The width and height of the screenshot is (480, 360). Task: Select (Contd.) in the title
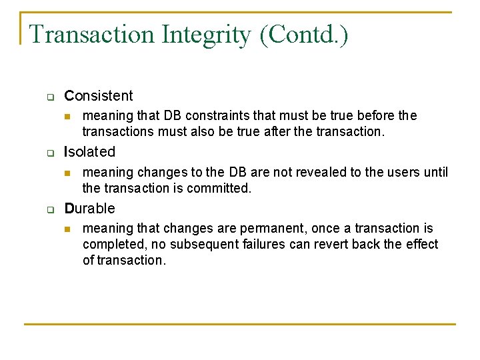pos(304,34)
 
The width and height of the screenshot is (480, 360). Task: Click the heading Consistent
pos(99,95)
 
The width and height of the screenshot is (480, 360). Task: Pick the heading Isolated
pos(89,152)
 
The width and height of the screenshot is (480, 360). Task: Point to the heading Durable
pos(89,208)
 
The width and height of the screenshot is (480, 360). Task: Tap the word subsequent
pos(196,245)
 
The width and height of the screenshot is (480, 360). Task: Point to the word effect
pos(421,245)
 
